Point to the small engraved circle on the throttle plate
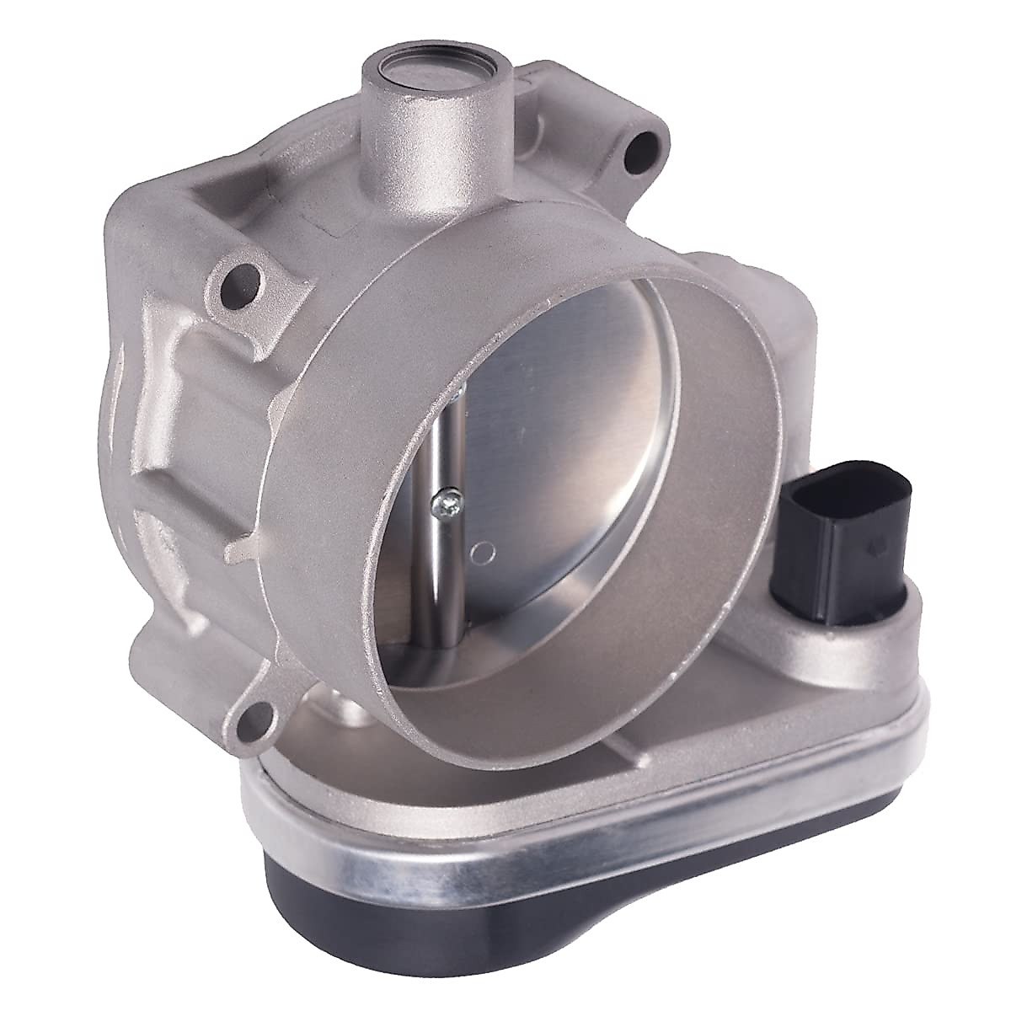[x=483, y=553]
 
